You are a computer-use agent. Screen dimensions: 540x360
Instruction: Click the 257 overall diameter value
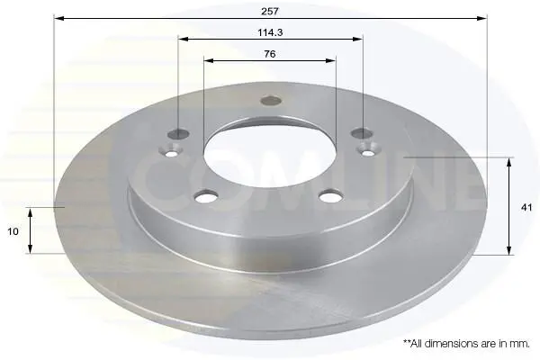tap(270, 12)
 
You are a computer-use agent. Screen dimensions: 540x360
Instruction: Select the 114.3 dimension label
tap(270, 32)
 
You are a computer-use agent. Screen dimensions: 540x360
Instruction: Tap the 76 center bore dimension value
tap(270, 54)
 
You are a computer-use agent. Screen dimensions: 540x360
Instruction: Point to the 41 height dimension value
tap(526, 207)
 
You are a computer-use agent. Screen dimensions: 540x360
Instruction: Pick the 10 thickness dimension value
tap(13, 231)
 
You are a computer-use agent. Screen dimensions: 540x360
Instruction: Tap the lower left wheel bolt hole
tap(206, 196)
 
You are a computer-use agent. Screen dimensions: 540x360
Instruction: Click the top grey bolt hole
tap(271, 101)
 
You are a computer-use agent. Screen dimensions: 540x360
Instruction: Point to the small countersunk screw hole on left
tap(171, 151)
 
